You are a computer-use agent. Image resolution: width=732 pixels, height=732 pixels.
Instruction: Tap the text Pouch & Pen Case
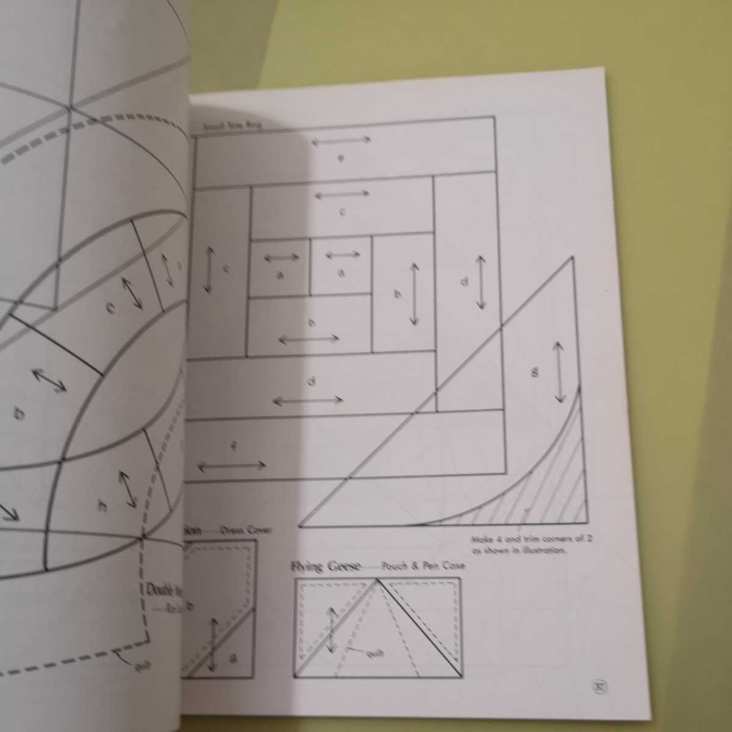(x=424, y=566)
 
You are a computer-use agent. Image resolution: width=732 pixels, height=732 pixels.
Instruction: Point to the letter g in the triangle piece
(x=535, y=372)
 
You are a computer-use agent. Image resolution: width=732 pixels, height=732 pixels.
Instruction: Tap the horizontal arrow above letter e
(x=341, y=140)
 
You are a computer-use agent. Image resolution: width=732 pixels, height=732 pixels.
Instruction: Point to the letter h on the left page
(x=102, y=506)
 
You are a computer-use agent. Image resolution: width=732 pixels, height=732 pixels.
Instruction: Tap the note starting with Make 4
(x=519, y=544)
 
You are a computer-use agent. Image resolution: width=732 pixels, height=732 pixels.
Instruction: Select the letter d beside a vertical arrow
(x=464, y=282)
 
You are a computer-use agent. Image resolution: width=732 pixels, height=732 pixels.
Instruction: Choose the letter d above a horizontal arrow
(x=312, y=382)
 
